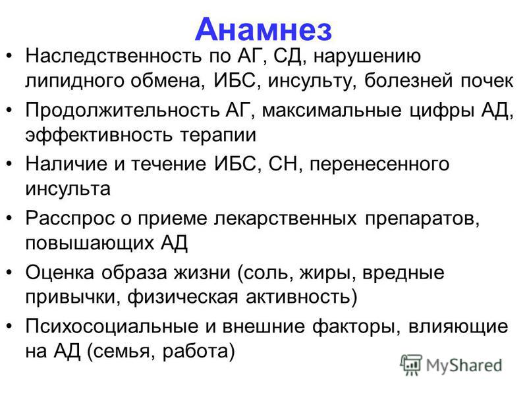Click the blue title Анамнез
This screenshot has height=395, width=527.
tap(263, 30)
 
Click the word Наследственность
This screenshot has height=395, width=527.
tap(113, 56)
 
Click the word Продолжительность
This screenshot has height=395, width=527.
tap(122, 110)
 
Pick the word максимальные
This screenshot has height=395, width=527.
tap(331, 111)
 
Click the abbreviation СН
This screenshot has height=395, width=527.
tap(283, 165)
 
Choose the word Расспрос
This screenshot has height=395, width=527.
tap(70, 219)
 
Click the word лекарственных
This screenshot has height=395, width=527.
tap(285, 219)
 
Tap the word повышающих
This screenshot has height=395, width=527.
tap(89, 244)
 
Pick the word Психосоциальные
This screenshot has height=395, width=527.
tap(111, 327)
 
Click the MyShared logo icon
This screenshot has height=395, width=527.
tap(410, 365)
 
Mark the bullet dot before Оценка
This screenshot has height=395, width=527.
tap(9, 272)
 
